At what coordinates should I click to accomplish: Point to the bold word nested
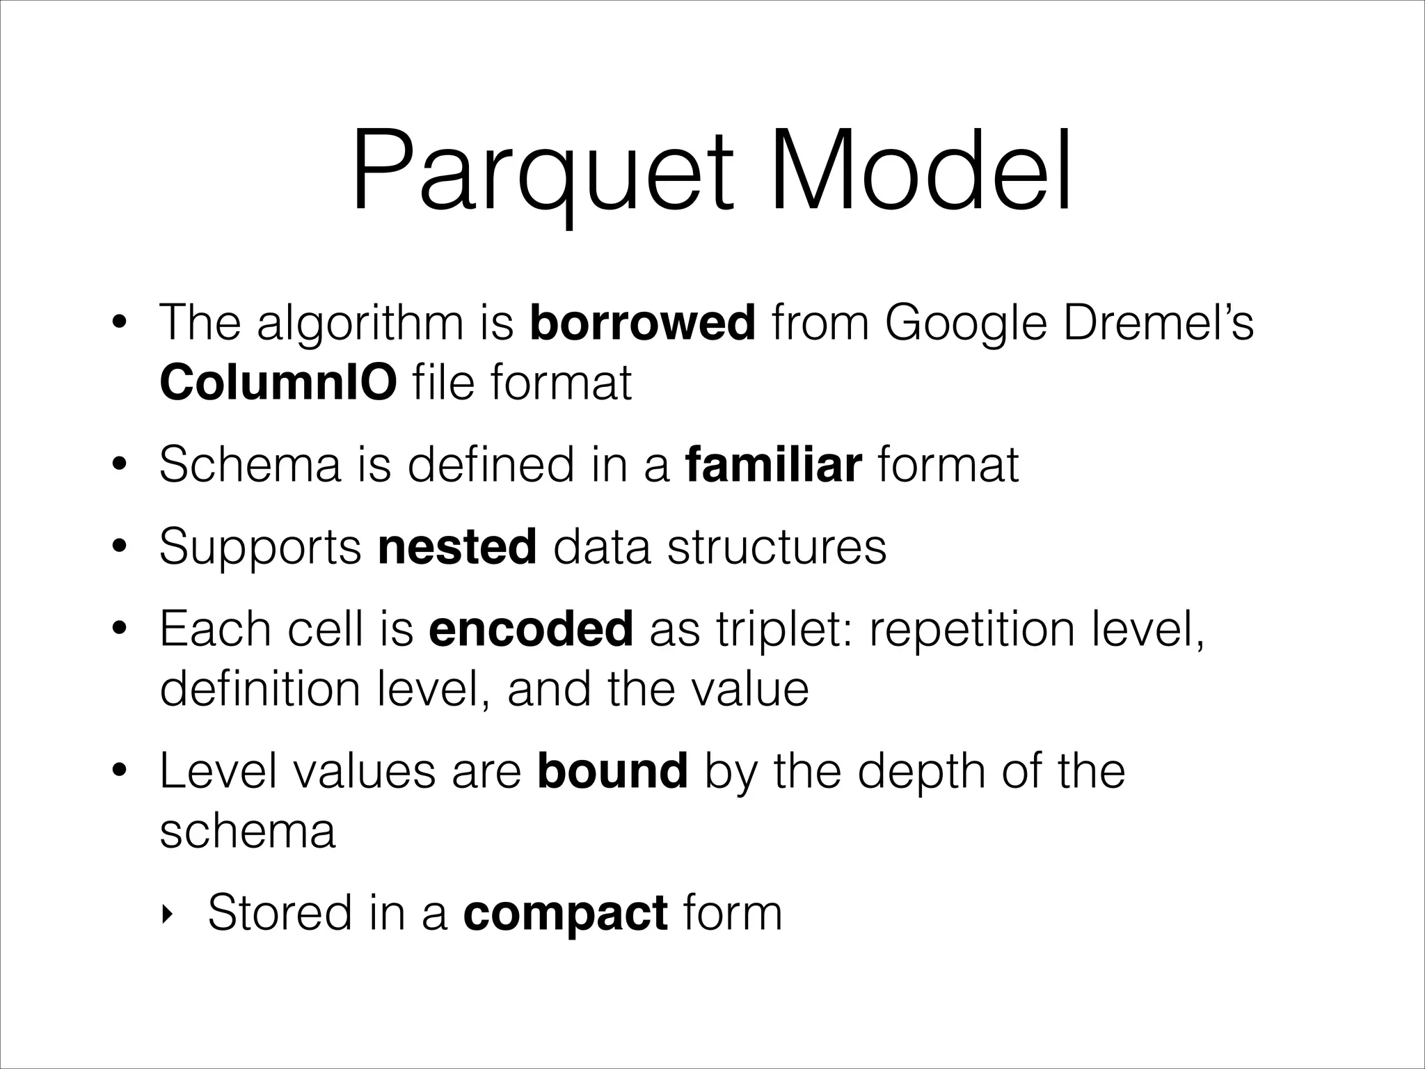[457, 546]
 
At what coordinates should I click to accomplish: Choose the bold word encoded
[531, 628]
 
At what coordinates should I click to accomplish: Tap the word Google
[966, 324]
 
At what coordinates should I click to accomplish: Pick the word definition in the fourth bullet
[259, 689]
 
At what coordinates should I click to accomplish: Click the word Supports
[260, 548]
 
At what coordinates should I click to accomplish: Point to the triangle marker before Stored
[166, 914]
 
